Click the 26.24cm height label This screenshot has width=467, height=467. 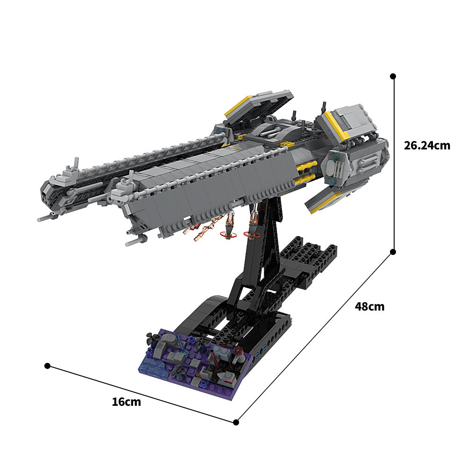(427, 146)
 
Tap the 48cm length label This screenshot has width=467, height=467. (369, 307)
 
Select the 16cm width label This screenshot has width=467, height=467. (126, 402)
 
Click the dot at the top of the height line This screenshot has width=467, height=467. (393, 76)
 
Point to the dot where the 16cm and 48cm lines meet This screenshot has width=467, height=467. (236, 422)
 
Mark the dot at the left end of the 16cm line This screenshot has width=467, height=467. (47, 366)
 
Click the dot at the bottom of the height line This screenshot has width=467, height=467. (393, 252)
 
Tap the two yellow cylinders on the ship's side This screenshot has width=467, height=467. (306, 171)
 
